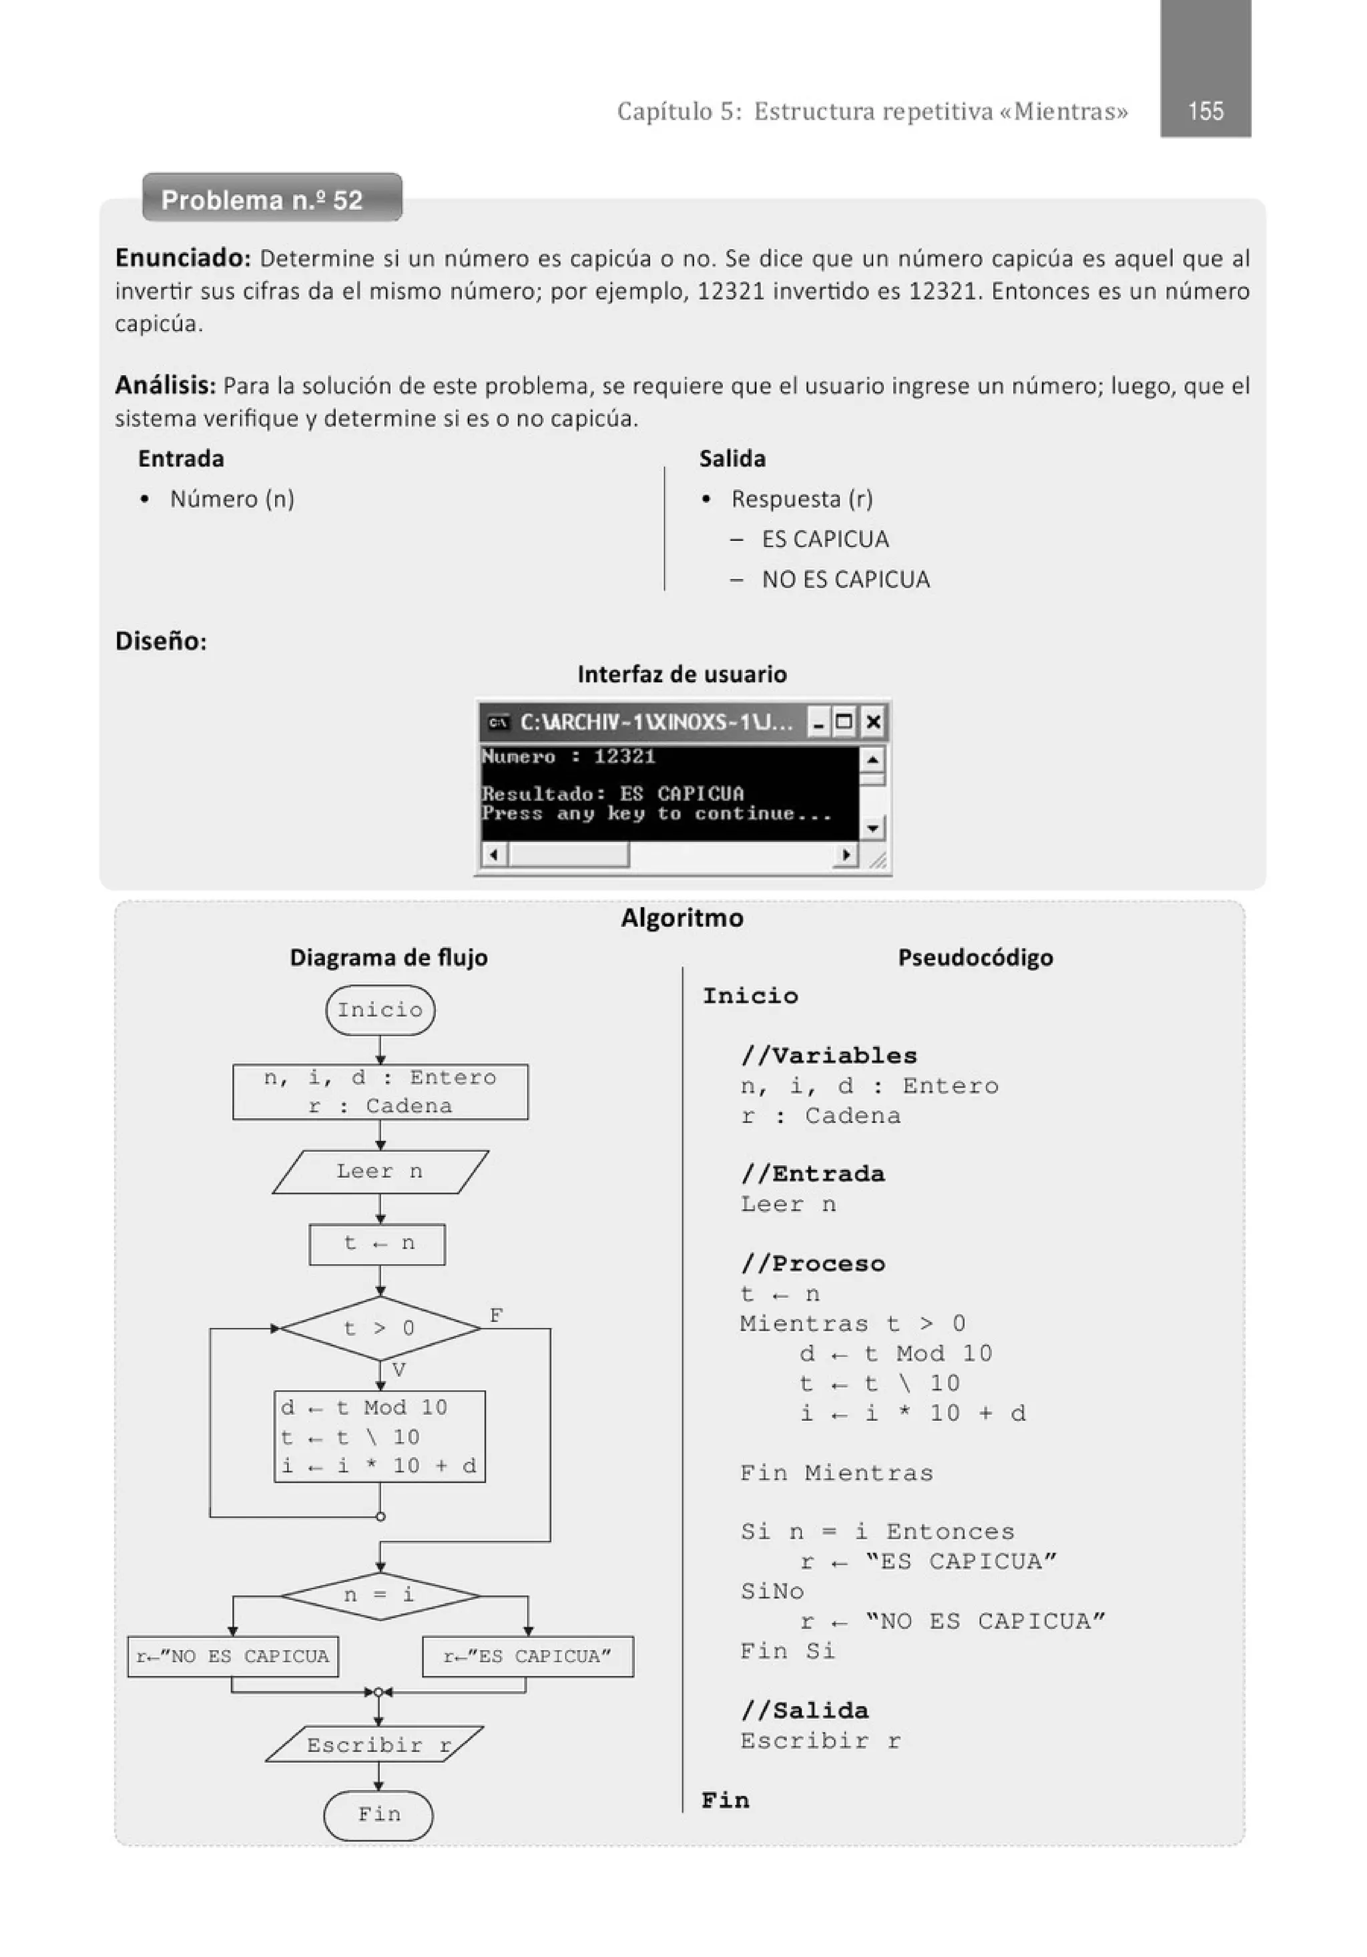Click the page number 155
click(1205, 111)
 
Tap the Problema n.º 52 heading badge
click(271, 200)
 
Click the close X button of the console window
click(872, 722)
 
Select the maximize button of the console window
click(844, 722)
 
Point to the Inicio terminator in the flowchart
click(380, 1010)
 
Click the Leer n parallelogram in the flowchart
click(380, 1171)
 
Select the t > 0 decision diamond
click(380, 1328)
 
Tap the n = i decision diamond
click(380, 1594)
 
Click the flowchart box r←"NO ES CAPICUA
click(233, 1656)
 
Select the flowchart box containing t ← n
click(378, 1244)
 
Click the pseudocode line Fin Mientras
click(836, 1472)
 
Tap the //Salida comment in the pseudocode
click(804, 1710)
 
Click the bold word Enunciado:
click(182, 258)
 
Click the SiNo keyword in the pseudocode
click(772, 1590)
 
